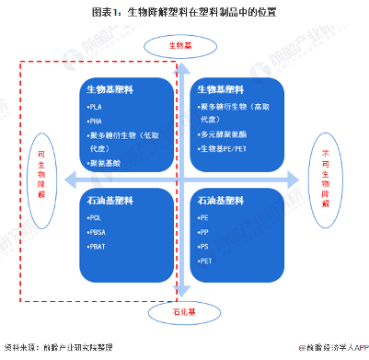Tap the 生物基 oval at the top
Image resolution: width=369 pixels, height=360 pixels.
point(181,45)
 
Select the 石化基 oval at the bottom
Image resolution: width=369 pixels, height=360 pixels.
point(181,313)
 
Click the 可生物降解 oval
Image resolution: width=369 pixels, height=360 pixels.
point(40,174)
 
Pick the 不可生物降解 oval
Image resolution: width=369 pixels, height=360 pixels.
point(324,178)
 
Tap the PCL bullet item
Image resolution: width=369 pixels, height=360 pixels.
point(96,217)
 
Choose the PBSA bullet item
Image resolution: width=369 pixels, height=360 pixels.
point(98,232)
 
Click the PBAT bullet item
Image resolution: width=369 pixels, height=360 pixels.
point(98,247)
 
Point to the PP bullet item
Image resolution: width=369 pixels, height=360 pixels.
point(204,232)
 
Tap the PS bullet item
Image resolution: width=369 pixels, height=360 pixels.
point(204,247)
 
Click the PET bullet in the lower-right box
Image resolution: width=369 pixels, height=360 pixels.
point(205,261)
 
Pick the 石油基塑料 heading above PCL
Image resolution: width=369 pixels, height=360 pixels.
point(110,199)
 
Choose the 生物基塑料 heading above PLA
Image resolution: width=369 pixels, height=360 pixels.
point(110,89)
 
